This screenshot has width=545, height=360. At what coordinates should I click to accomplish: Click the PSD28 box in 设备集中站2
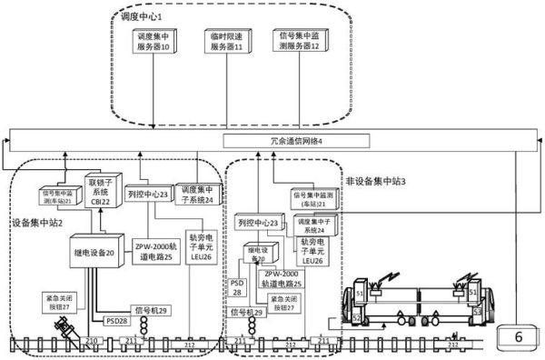coord(117,320)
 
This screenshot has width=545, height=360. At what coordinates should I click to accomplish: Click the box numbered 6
coord(520,338)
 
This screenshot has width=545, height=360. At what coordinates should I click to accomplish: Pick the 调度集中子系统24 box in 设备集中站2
coord(193,194)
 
